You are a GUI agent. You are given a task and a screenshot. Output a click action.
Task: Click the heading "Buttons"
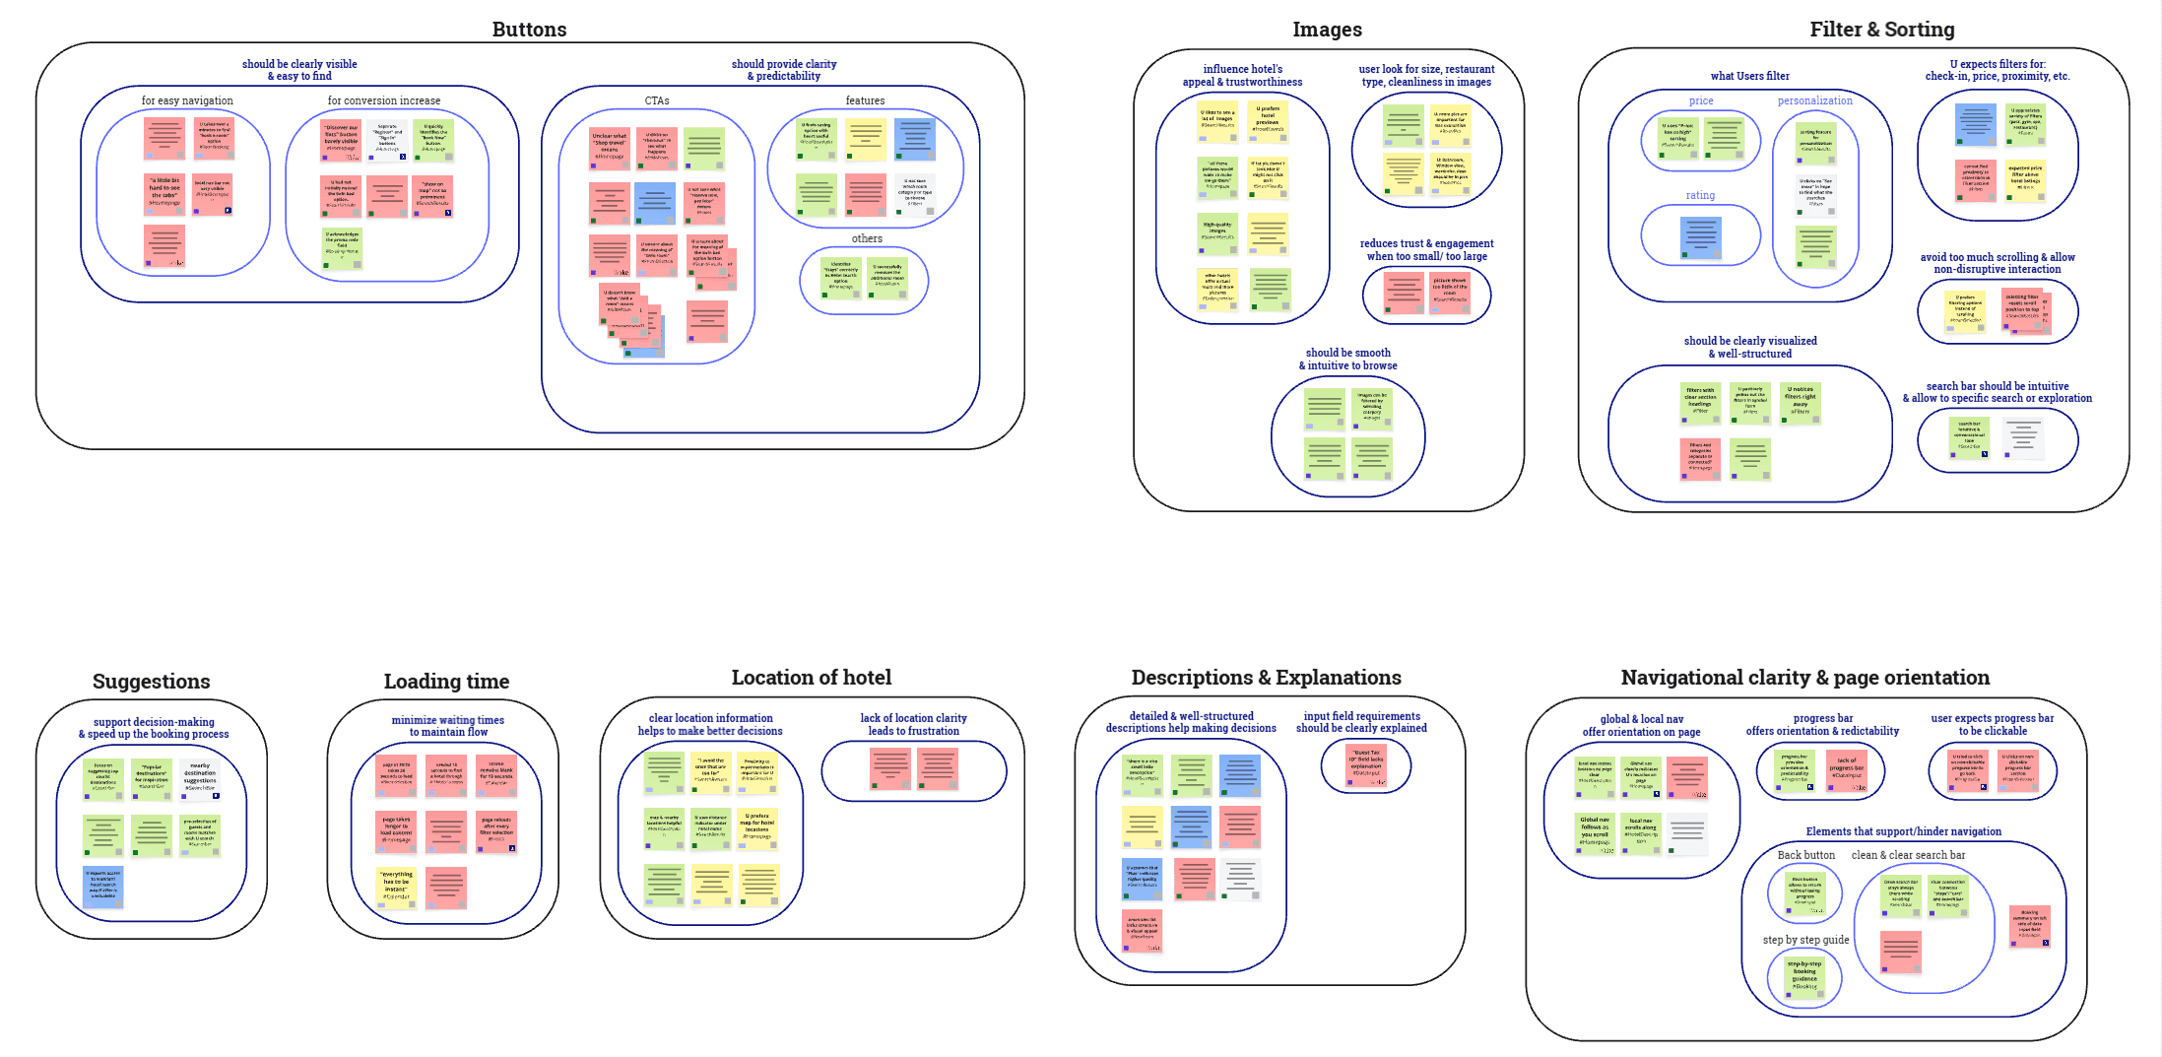(529, 30)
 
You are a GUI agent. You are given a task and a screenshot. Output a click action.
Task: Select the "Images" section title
(1327, 30)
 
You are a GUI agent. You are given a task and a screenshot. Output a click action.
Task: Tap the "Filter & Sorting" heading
(1881, 30)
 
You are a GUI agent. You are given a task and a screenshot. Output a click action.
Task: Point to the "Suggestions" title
(151, 682)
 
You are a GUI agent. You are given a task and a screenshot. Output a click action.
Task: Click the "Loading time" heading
(446, 682)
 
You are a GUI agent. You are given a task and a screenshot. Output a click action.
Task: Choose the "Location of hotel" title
(811, 678)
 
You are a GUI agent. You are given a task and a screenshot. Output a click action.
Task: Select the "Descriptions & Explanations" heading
(1266, 678)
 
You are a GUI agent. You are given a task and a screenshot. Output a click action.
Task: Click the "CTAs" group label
(657, 100)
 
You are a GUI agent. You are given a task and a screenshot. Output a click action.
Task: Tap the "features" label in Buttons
(865, 100)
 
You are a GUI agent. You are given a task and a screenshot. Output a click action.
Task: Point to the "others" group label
(867, 238)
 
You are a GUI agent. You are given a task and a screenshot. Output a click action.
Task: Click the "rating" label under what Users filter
(1700, 195)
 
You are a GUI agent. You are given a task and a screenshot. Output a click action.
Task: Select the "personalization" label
(1814, 100)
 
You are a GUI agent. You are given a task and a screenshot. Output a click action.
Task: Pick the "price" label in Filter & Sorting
(1701, 100)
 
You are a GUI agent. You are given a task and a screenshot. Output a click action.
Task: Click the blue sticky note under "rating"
(1701, 237)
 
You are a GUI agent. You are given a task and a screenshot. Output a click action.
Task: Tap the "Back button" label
(1805, 855)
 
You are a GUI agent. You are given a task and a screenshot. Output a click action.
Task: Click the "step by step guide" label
(1805, 940)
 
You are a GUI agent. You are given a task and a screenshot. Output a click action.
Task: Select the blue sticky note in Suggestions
(103, 886)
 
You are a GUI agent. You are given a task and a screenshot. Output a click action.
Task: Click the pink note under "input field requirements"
(1366, 766)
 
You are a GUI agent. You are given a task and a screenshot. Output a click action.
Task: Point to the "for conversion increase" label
(384, 100)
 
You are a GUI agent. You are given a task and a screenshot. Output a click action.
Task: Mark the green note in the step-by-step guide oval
(1804, 977)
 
